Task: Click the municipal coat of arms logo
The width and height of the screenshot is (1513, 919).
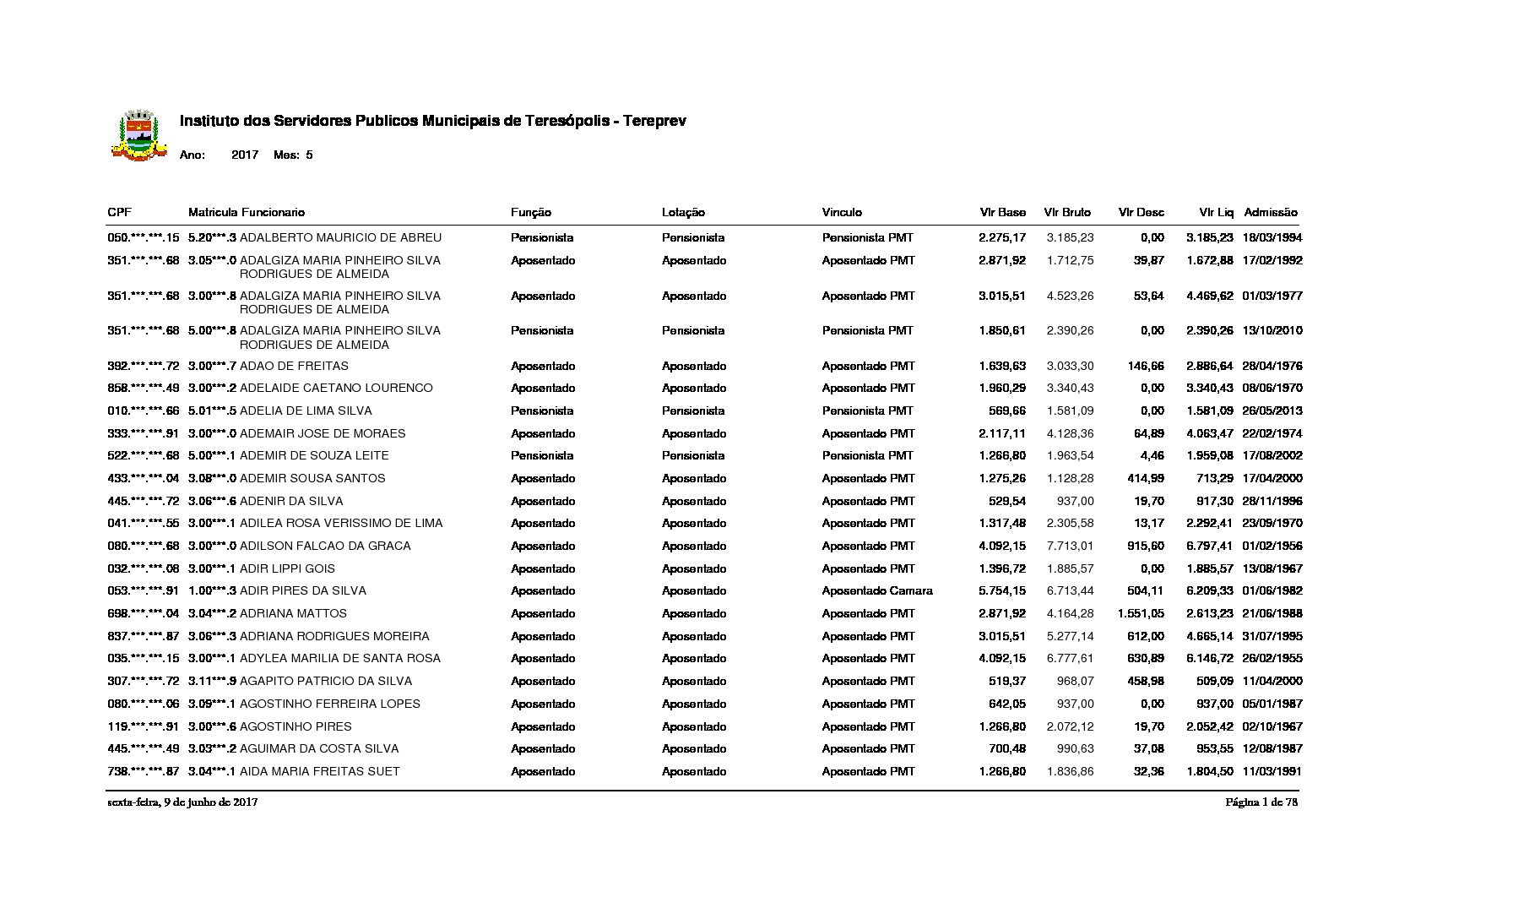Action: pos(138,135)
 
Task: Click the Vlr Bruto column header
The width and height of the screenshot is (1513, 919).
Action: pos(1067,212)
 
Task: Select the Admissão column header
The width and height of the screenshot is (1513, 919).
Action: pos(1271,212)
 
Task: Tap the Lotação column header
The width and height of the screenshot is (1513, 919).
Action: pos(683,212)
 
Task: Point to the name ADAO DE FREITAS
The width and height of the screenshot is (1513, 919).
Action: pos(294,366)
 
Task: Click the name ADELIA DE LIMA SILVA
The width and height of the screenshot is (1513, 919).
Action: pos(306,411)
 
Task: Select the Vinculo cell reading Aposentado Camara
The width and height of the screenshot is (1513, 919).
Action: pos(877,590)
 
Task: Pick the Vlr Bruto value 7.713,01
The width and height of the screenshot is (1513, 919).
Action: pos(1070,546)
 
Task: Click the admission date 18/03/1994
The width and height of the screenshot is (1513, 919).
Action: pos(1272,237)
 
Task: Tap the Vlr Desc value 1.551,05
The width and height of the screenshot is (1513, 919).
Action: pos(1141,613)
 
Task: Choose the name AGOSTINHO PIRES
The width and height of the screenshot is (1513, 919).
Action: pos(296,726)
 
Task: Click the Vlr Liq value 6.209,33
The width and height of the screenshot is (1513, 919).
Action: pos(1210,590)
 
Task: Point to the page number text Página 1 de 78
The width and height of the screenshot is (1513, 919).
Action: pos(1261,802)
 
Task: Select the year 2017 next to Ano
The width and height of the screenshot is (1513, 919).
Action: pos(245,155)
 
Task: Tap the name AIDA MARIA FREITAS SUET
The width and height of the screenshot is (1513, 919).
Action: pos(320,771)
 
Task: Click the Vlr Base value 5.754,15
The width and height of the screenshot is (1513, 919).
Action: pos(1002,590)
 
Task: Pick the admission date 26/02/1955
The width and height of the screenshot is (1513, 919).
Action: pos(1272,658)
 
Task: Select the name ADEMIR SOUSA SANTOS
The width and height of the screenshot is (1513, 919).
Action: pos(312,478)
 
